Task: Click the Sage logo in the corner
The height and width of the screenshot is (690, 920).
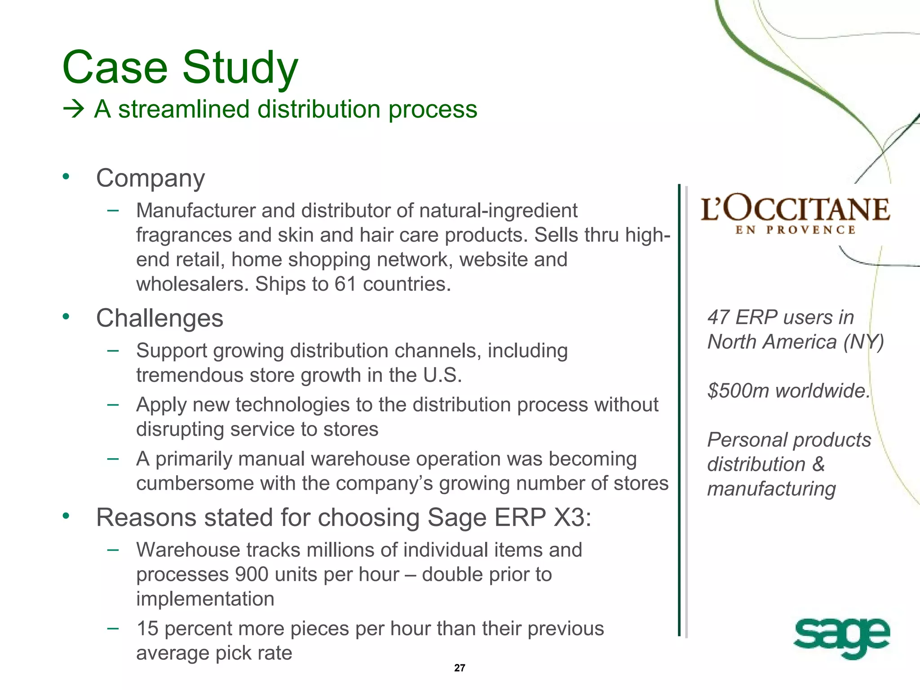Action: (x=841, y=637)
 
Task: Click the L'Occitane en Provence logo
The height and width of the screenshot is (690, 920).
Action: (x=795, y=215)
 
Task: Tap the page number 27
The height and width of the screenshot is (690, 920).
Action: (x=460, y=668)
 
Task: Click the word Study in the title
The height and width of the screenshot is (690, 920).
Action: (x=240, y=68)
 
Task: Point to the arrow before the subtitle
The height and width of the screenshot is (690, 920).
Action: (x=74, y=109)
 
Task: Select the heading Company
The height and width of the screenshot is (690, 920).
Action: (x=150, y=178)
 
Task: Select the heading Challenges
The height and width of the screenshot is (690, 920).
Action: (x=159, y=318)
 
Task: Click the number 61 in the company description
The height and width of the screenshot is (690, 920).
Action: (x=345, y=284)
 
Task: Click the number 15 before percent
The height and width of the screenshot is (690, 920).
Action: (x=147, y=628)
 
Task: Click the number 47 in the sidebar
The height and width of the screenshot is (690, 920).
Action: (x=717, y=318)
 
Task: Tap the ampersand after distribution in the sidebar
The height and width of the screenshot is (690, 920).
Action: (x=818, y=464)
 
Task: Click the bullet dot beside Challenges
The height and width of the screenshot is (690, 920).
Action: (x=66, y=317)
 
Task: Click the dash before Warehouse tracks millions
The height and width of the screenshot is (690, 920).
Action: (x=113, y=549)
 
